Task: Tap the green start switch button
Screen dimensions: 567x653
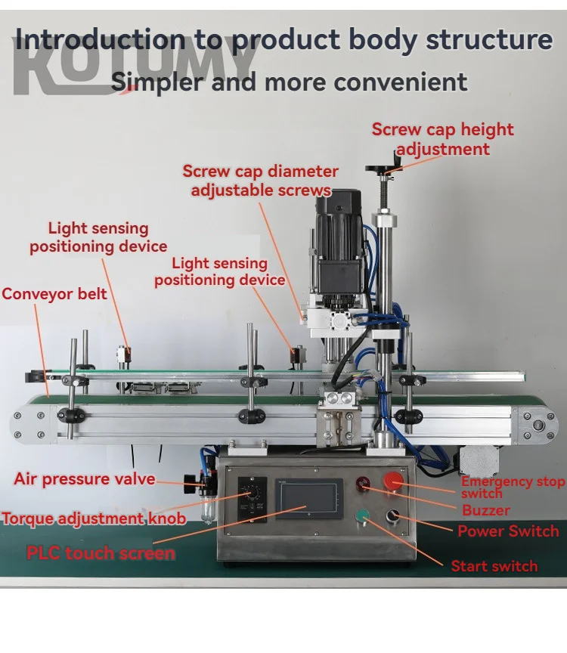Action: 363,516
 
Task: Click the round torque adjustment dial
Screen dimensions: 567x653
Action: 253,500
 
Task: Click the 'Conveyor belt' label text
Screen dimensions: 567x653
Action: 54,293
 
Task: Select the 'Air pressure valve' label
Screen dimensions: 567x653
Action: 85,479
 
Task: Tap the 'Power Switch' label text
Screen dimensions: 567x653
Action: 508,531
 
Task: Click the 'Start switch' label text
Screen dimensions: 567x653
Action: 494,566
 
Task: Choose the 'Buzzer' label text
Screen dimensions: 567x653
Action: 486,510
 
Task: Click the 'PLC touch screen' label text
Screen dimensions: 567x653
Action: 101,552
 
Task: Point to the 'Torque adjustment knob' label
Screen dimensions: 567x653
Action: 94,518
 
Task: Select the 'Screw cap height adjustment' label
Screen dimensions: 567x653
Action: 442,139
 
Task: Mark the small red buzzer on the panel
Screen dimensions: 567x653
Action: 363,481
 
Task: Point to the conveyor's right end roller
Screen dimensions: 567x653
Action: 538,426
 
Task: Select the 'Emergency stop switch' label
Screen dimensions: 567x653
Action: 513,487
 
